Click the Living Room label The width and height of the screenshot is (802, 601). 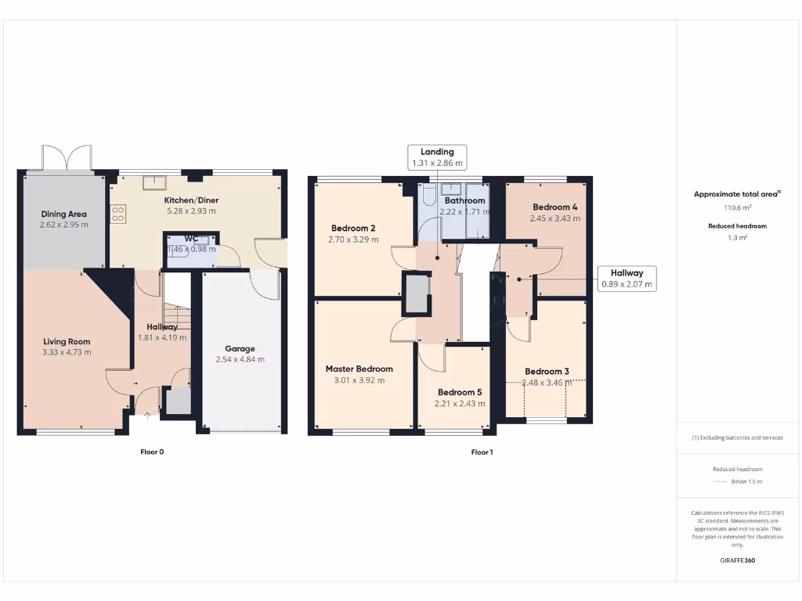click(x=67, y=341)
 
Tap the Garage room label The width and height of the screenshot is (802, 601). click(x=240, y=349)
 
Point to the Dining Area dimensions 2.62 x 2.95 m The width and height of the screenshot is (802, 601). click(x=63, y=225)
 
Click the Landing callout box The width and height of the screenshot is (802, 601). click(x=437, y=157)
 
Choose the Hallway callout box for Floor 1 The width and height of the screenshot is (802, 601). click(x=627, y=279)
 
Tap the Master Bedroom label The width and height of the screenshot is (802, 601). click(x=359, y=369)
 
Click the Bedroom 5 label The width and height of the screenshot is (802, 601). click(x=460, y=393)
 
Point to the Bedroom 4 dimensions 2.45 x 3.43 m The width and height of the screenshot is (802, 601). click(x=555, y=218)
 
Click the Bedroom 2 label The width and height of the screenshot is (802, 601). click(x=352, y=229)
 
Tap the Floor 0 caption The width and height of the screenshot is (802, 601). click(x=152, y=452)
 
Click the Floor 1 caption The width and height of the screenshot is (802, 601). click(x=482, y=452)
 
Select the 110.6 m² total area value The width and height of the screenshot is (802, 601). click(x=736, y=207)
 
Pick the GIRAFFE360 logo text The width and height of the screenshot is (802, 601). click(x=737, y=560)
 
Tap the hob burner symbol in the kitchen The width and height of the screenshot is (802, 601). click(x=119, y=214)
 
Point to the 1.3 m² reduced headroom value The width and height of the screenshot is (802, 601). click(x=736, y=237)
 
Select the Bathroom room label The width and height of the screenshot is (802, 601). click(x=465, y=200)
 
